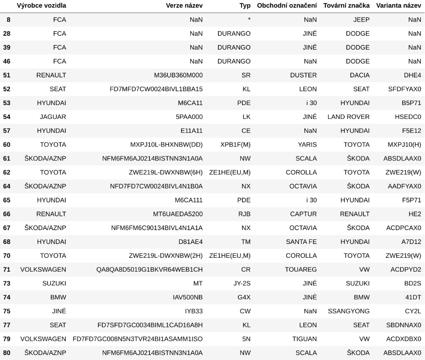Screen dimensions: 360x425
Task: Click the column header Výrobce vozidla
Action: tap(42, 6)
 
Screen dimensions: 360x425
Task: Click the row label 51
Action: tap(7, 75)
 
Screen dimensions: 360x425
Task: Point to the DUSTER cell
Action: tap(304, 75)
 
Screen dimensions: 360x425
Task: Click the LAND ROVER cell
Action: tap(348, 117)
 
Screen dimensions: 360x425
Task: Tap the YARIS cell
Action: tap(308, 145)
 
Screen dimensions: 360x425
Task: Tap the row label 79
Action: tap(7, 338)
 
